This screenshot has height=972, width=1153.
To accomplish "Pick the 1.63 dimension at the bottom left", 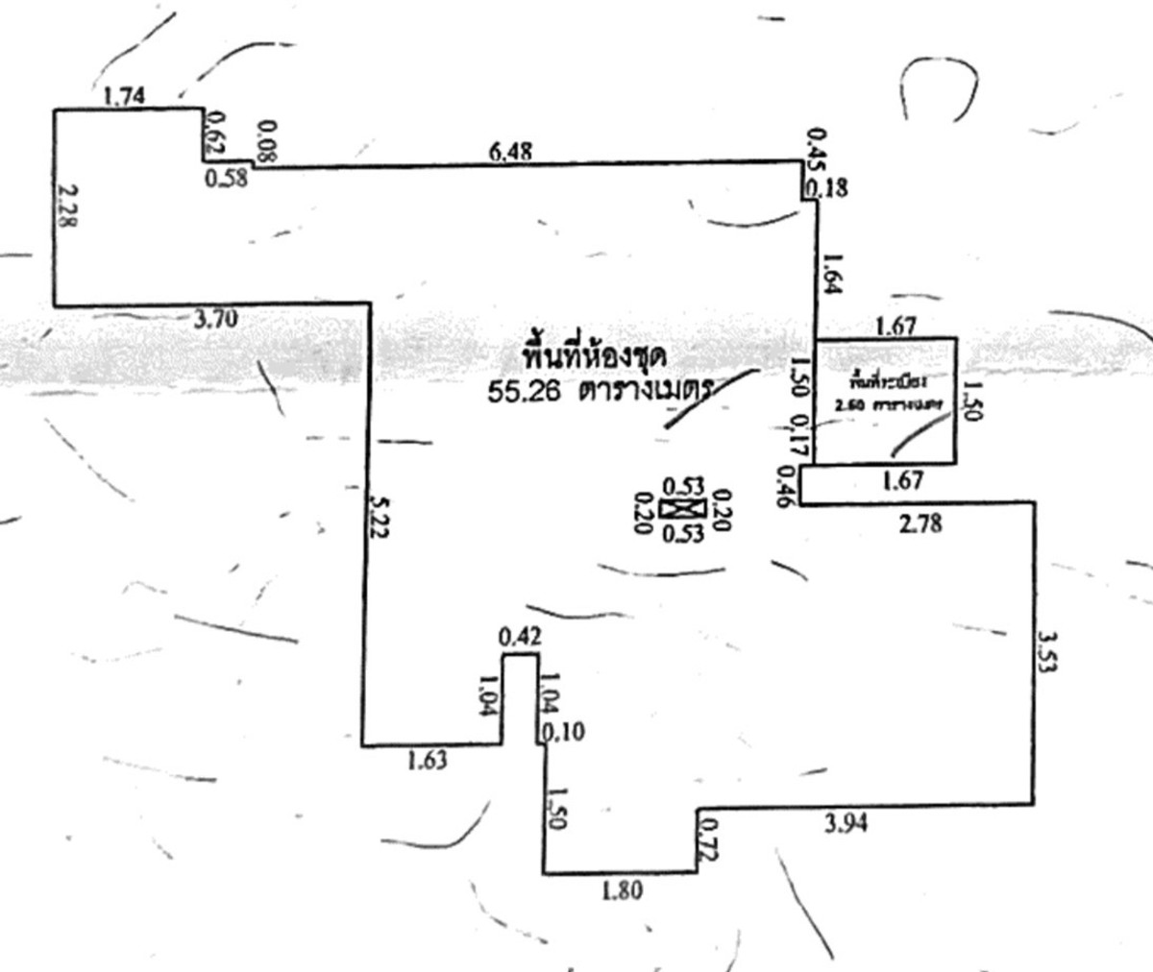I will click(427, 760).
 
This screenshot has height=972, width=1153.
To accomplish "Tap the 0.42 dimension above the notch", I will click(521, 637).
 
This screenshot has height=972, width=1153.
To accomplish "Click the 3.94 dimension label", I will click(846, 822).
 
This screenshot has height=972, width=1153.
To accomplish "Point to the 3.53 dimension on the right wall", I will click(1048, 651).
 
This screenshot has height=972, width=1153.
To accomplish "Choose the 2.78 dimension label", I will click(920, 524).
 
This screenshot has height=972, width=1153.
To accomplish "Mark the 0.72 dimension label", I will click(710, 838).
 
